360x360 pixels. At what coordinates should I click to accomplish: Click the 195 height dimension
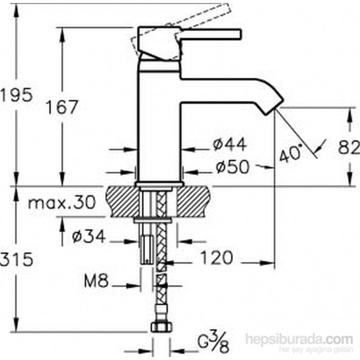(x=15, y=95)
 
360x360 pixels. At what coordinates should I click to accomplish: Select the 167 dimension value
(x=63, y=108)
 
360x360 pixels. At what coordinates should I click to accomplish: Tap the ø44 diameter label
(x=229, y=145)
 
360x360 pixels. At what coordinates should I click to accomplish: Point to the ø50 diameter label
(x=231, y=167)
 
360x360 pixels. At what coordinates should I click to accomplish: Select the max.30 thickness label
(x=61, y=202)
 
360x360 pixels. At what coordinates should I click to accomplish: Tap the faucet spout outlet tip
(x=271, y=109)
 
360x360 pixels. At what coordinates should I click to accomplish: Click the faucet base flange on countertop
(x=159, y=183)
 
